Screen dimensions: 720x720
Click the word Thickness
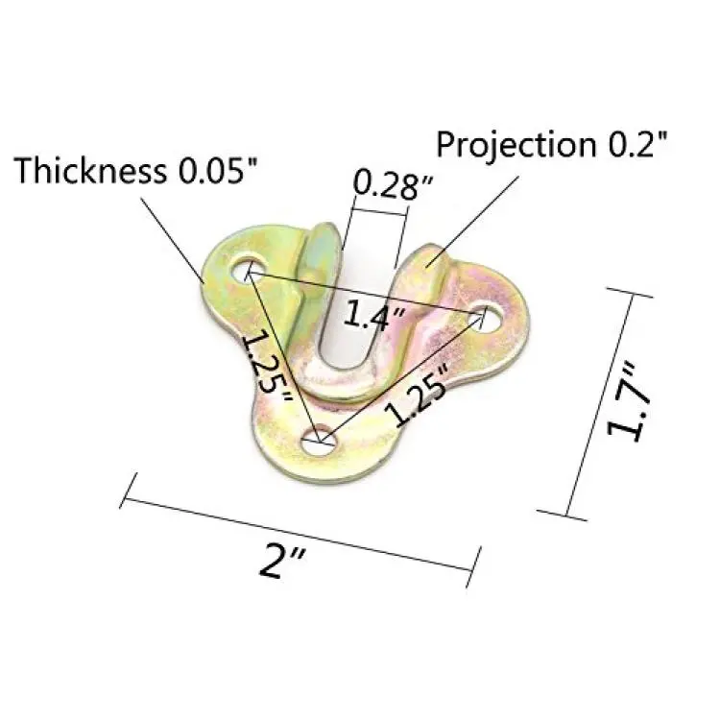[90, 171]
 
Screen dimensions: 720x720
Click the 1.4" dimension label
[374, 315]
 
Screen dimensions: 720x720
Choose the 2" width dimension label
[282, 561]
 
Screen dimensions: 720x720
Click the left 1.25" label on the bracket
[266, 365]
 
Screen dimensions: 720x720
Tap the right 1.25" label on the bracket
[416, 394]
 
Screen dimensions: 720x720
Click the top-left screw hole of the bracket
[249, 271]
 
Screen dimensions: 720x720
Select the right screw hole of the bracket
[485, 318]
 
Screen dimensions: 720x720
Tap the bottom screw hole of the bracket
[320, 442]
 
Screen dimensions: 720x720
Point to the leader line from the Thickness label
[172, 240]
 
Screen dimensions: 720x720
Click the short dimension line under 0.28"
[379, 212]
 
